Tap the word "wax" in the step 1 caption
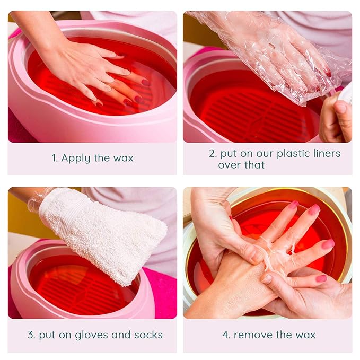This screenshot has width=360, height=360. [123, 158]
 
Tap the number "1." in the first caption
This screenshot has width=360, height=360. [55, 158]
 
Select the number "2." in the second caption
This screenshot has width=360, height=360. [213, 154]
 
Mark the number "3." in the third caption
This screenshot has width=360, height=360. [31, 335]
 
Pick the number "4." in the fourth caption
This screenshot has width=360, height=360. [226, 335]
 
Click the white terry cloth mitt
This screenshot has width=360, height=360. [101, 233]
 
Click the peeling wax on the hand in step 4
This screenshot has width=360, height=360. [276, 249]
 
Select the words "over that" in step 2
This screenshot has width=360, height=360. [241, 165]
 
